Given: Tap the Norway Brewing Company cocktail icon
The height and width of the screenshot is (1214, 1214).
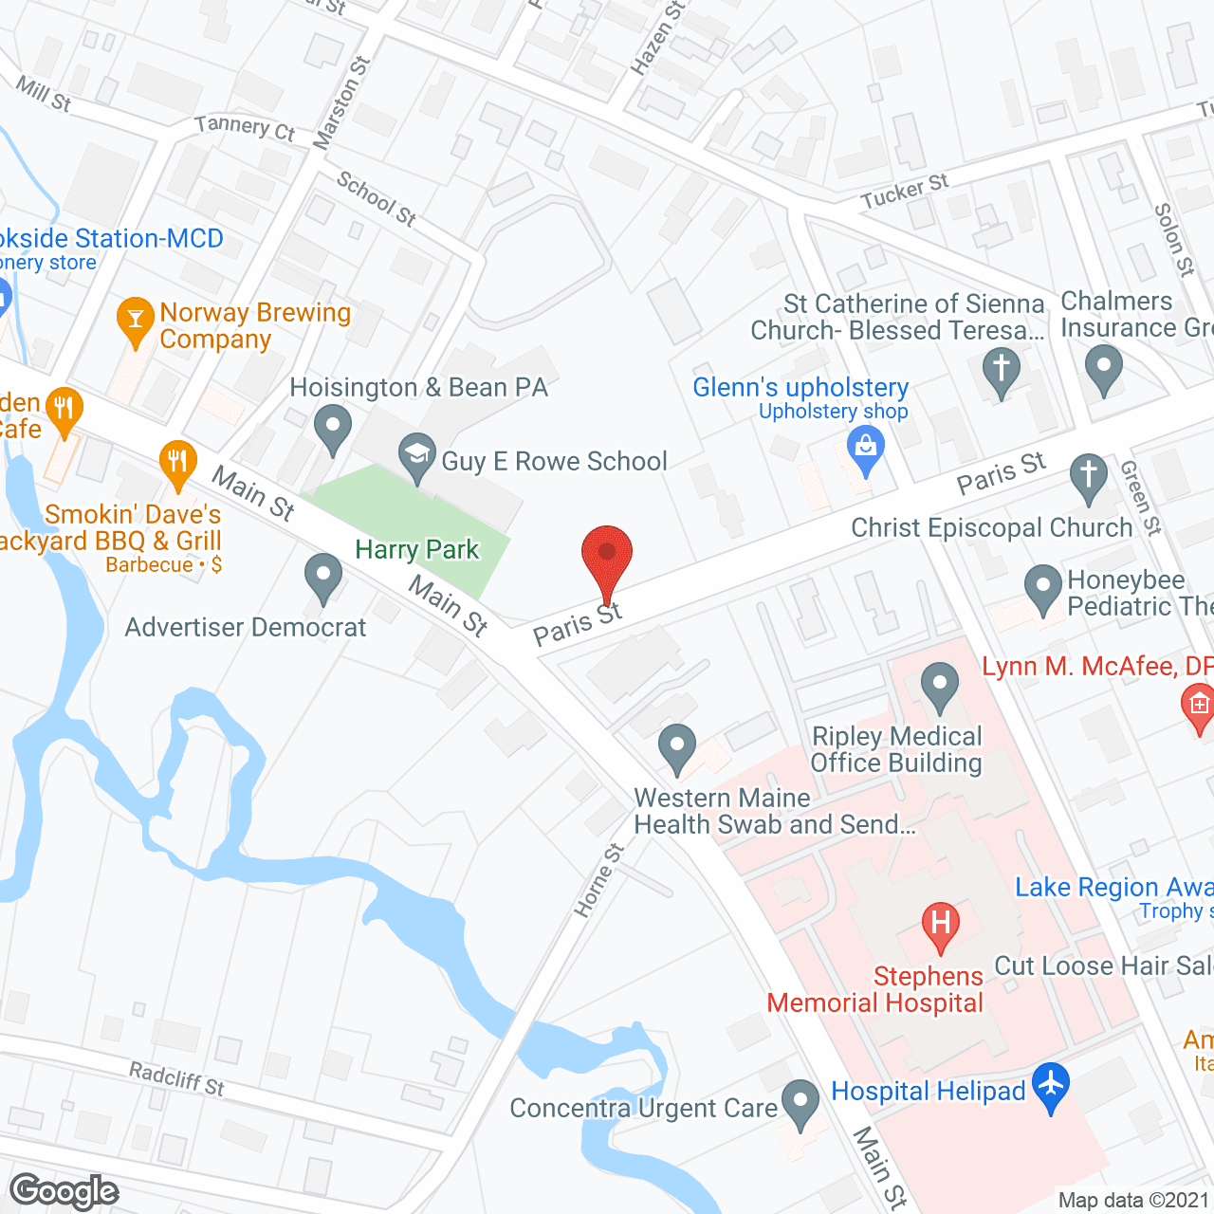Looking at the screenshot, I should pos(136,321).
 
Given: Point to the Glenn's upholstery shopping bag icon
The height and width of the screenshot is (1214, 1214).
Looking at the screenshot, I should pos(865,448).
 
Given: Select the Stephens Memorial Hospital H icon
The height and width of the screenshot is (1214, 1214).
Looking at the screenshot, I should pos(940,925).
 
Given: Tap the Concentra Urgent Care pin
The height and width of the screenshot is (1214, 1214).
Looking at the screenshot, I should pos(800,1102).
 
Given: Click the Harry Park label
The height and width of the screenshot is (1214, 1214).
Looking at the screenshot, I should pos(417,550).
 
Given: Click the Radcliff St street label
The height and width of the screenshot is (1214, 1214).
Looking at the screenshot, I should pos(176,1079).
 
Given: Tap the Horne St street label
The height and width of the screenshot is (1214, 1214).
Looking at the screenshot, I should pos(598,880).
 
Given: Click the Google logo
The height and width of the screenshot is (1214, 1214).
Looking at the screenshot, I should pos(64,1191).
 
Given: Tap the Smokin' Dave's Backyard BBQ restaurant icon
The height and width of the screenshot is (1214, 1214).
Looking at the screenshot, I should pos(177,464).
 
